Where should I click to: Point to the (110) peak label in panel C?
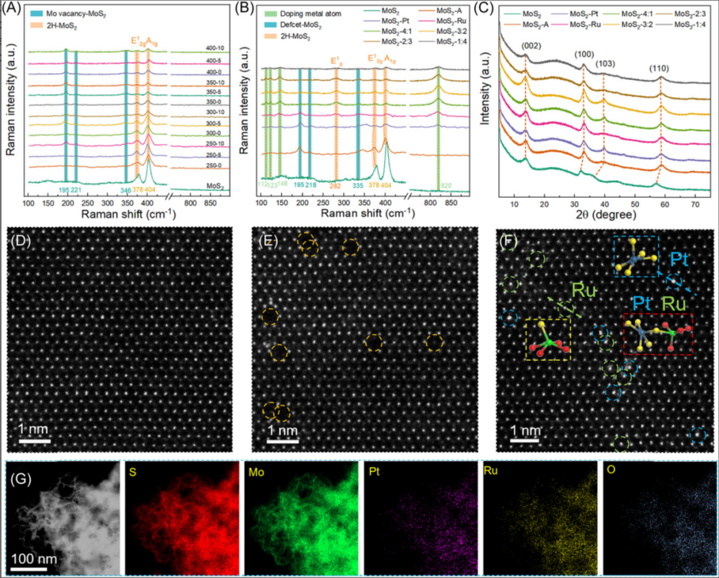tap(661, 68)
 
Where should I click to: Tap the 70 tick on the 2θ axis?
tap(694, 203)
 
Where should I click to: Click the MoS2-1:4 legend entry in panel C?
tap(686, 26)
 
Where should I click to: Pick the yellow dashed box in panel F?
tap(547, 339)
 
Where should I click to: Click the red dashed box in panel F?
tap(658, 334)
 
